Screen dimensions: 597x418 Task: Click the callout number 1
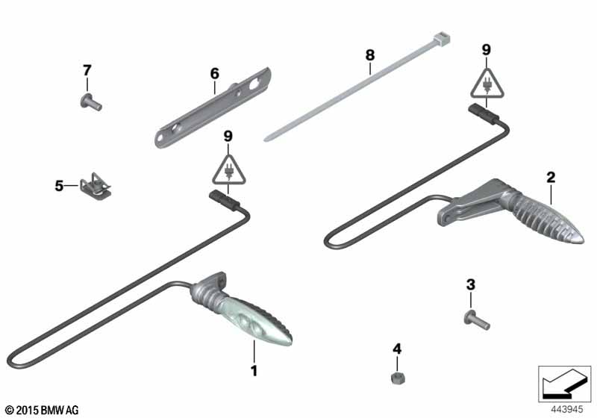pyautogui.click(x=254, y=370)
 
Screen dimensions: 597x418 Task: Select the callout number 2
pyautogui.click(x=551, y=177)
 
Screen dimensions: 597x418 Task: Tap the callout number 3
pyautogui.click(x=471, y=284)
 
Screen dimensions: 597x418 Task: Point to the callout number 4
pyautogui.click(x=397, y=349)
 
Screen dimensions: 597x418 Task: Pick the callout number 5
pyautogui.click(x=59, y=186)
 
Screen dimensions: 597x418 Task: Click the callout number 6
pyautogui.click(x=215, y=73)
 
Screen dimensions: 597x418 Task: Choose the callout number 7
pyautogui.click(x=87, y=70)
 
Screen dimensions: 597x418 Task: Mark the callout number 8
pyautogui.click(x=369, y=55)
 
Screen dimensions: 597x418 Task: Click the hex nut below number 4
pyautogui.click(x=398, y=378)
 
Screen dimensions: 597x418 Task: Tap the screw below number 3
pyautogui.click(x=477, y=321)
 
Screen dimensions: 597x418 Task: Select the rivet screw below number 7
pyautogui.click(x=91, y=102)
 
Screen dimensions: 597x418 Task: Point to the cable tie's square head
pyautogui.click(x=442, y=39)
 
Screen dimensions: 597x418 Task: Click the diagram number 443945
pyautogui.click(x=567, y=409)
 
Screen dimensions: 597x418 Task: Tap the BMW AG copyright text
pyautogui.click(x=42, y=411)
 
